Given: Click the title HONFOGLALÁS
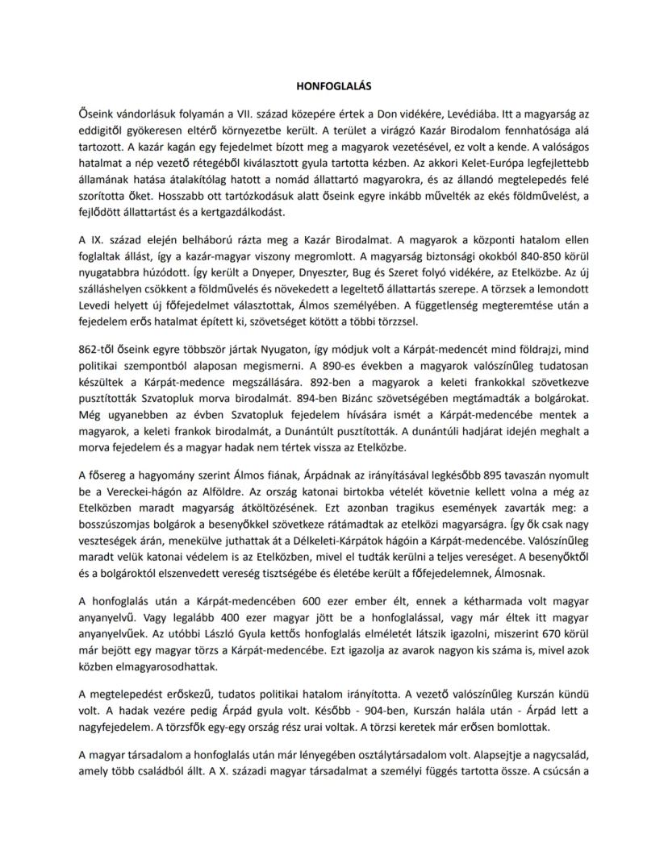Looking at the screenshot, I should pyautogui.click(x=333, y=85).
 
